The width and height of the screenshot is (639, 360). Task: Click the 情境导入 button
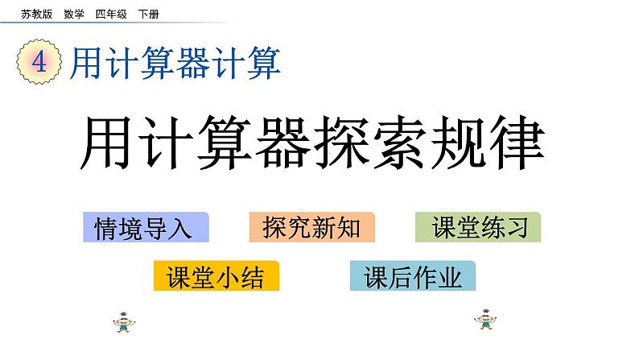[145, 228]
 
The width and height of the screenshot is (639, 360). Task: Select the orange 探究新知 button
[311, 228]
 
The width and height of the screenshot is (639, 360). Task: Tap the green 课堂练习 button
[478, 228]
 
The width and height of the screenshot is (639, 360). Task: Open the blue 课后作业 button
[413, 277]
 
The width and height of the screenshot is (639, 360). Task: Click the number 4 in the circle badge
[38, 64]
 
